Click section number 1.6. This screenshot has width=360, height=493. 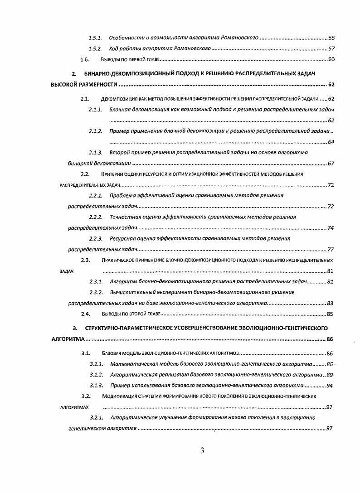pyautogui.click(x=84, y=59)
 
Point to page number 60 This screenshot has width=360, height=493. pyautogui.click(x=331, y=59)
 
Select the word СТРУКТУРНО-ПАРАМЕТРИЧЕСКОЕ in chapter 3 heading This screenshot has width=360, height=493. pyautogui.click(x=129, y=328)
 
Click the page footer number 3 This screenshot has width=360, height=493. pyautogui.click(x=202, y=450)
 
